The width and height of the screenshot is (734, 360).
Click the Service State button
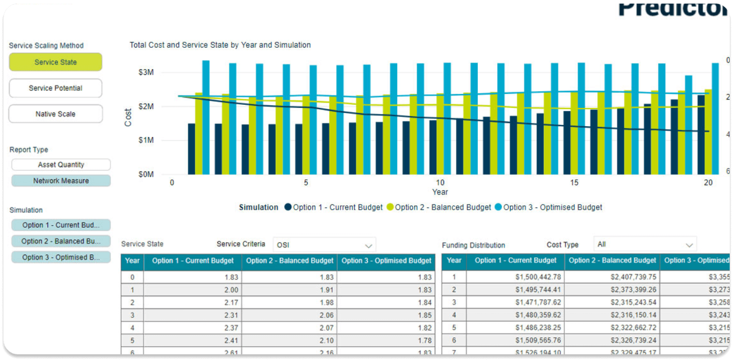tap(55, 62)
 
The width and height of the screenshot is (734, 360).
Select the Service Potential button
tap(55, 88)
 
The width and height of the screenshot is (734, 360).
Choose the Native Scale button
tap(55, 114)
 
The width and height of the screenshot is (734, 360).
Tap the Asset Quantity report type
tap(61, 165)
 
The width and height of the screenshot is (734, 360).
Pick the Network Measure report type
tap(61, 181)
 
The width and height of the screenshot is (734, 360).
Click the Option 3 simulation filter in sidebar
tap(61, 257)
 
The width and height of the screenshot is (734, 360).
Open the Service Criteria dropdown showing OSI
tap(324, 245)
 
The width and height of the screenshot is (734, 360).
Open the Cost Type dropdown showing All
tap(644, 244)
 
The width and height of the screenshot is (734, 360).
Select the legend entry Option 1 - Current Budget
tap(334, 207)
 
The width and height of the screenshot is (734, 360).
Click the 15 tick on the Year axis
tap(574, 183)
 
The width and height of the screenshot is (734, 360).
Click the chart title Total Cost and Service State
tap(220, 45)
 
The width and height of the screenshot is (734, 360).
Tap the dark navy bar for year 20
tap(701, 134)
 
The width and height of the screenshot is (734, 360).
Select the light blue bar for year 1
tap(206, 117)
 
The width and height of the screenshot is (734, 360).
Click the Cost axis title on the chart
tap(128, 117)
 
